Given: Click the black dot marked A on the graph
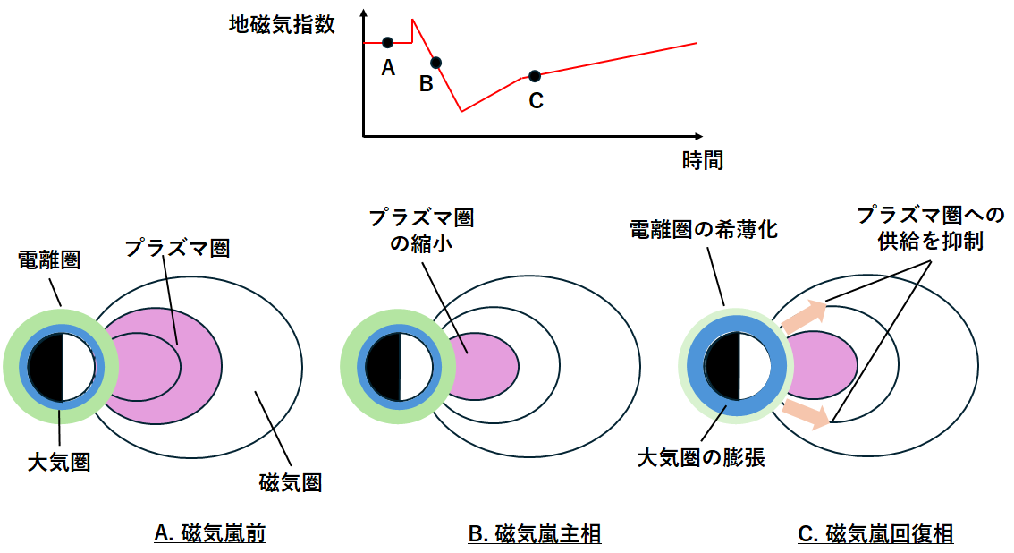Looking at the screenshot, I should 387,42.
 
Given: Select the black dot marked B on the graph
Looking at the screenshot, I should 435,63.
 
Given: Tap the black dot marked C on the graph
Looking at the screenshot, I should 535,76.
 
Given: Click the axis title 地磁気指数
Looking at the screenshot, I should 282,25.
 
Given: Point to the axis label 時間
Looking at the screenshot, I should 703,161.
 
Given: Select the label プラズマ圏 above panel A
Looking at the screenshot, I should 177,248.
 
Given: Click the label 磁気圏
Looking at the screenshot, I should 291,483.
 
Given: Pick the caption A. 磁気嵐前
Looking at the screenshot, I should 210,534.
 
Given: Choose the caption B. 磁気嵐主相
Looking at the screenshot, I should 535,534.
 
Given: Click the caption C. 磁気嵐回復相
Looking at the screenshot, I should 875,534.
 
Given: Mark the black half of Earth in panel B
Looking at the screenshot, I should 385,367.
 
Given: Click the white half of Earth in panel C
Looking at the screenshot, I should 754,367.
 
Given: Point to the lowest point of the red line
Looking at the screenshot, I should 461,111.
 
